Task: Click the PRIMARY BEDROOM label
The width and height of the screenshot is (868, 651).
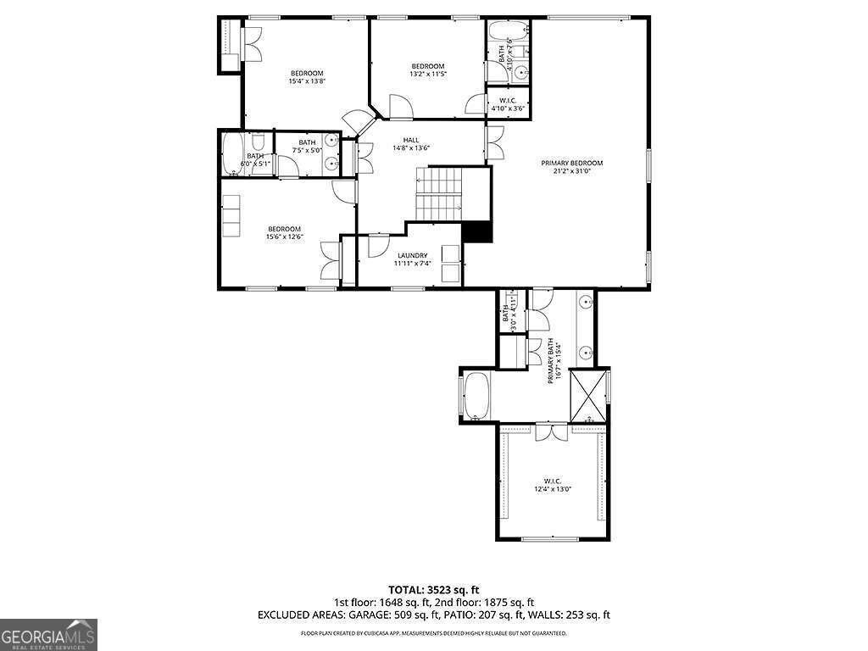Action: pos(572,166)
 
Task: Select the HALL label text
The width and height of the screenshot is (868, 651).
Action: pos(410,143)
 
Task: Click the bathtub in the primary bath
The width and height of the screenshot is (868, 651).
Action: pos(475,396)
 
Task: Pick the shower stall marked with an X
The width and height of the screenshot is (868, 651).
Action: pos(589,395)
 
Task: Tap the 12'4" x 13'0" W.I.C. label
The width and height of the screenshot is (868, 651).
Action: pos(553,485)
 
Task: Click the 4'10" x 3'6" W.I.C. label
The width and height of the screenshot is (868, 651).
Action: pos(509,104)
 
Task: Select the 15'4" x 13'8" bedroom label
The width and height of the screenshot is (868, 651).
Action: pos(307,77)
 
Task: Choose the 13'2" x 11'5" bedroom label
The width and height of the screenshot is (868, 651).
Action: pos(428,70)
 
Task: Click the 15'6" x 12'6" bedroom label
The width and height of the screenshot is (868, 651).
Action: pos(285,232)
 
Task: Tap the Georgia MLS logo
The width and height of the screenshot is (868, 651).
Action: pos(48,634)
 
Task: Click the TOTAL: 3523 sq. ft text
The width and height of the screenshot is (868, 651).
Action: pos(434,589)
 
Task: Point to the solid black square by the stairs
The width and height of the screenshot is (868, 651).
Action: pos(478,231)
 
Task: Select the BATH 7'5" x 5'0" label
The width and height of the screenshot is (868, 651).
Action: pos(306,147)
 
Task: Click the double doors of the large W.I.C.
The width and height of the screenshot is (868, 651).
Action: pos(551,431)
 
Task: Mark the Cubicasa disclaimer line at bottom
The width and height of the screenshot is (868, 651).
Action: pos(434,633)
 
